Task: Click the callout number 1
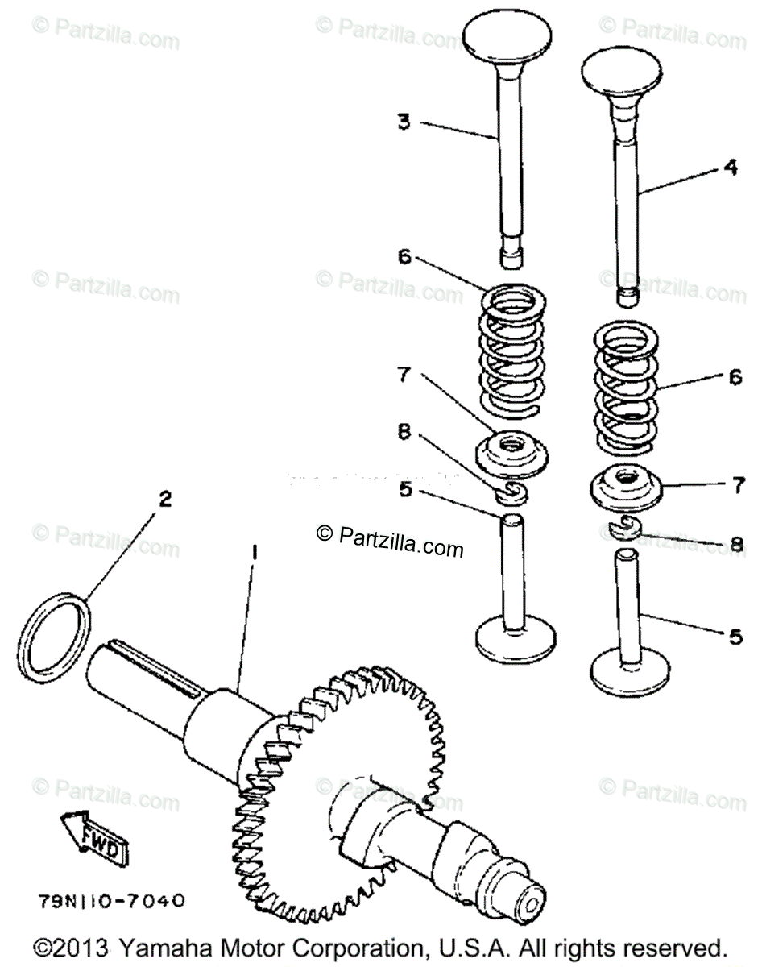255,553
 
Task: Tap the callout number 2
165,499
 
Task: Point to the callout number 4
730,168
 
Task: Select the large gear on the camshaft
338,774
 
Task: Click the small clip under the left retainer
509,491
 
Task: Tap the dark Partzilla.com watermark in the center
391,549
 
